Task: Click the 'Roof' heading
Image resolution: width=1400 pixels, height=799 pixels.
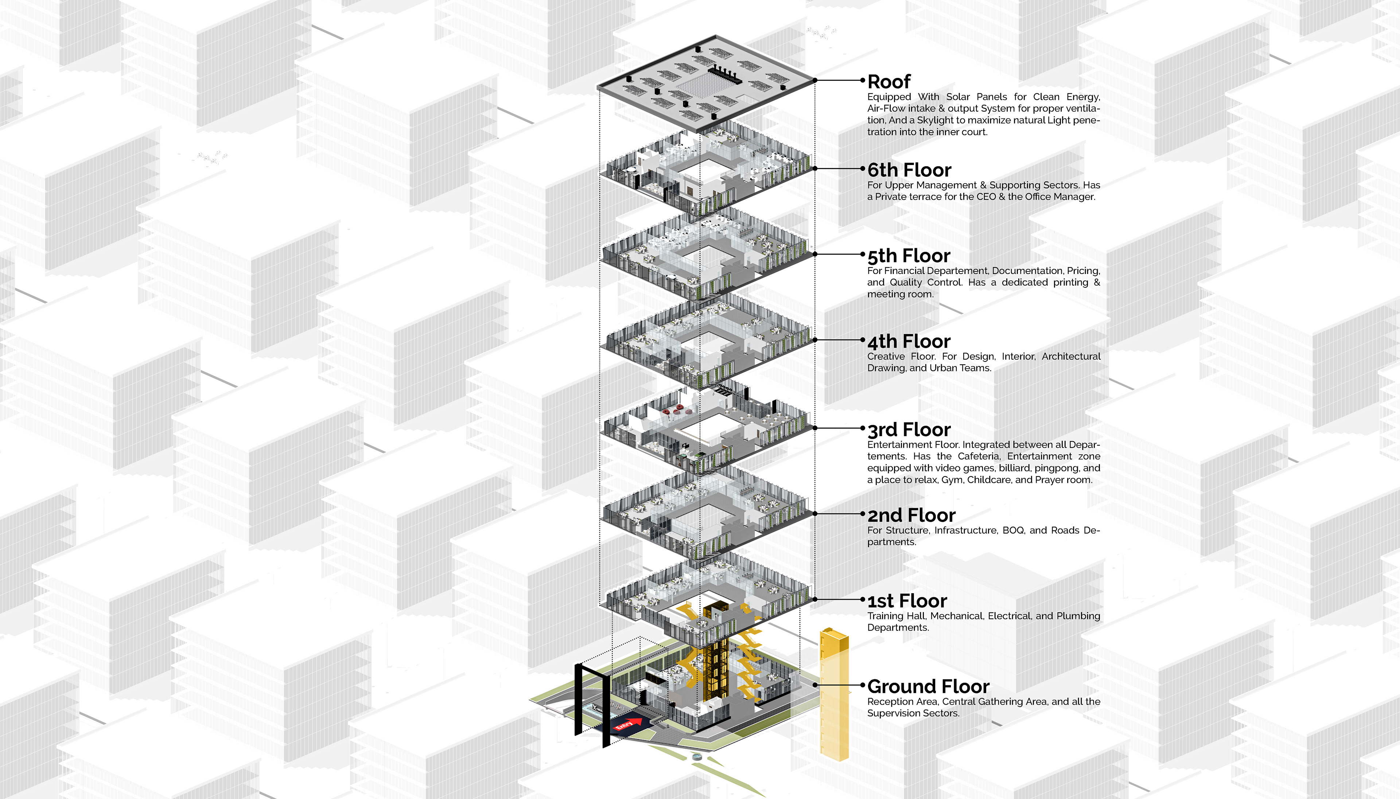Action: [888, 82]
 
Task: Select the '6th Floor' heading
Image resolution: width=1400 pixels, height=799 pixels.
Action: [909, 170]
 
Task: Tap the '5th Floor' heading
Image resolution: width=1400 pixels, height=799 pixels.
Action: [909, 256]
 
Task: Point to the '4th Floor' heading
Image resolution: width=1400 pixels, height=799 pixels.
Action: [909, 341]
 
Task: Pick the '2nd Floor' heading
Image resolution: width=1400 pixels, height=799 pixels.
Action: [911, 515]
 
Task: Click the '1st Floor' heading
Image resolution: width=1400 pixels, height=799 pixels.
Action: [907, 601]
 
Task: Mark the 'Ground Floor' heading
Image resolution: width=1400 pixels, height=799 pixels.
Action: [928, 686]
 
